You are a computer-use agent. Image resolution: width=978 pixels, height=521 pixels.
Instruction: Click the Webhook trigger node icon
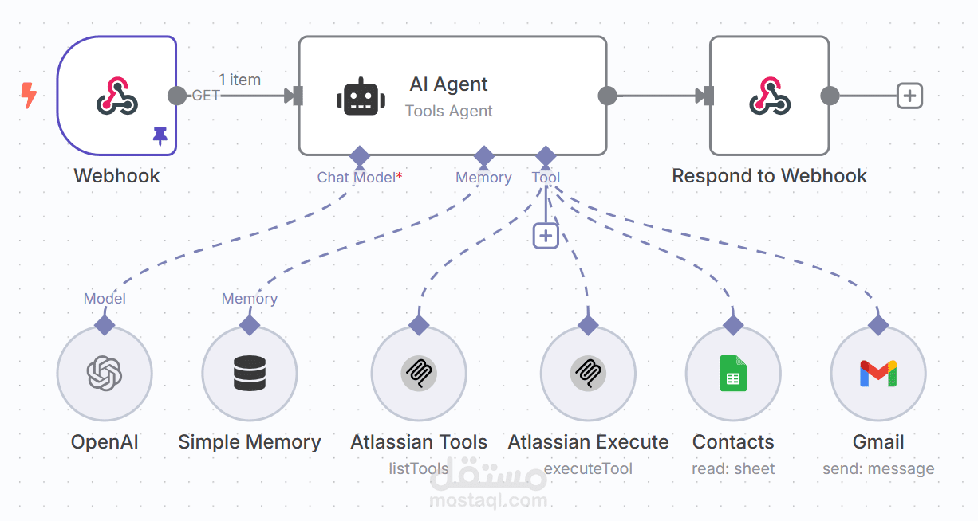pos(117,96)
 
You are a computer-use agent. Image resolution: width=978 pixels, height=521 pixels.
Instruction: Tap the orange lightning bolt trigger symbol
pos(29,96)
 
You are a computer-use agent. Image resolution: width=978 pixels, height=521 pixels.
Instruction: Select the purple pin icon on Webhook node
pos(160,138)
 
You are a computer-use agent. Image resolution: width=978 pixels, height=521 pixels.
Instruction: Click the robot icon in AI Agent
pos(361,96)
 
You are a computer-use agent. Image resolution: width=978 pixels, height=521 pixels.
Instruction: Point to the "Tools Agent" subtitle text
pos(449,112)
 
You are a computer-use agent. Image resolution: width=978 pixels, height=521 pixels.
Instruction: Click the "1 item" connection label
pos(239,80)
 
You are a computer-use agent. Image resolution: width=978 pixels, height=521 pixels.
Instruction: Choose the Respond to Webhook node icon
pos(769,96)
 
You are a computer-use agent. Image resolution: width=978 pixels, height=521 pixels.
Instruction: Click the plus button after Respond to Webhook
pos(909,96)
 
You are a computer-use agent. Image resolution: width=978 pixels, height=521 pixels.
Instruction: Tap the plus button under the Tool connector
pos(546,236)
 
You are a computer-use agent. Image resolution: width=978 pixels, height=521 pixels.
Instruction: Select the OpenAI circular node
pos(105,373)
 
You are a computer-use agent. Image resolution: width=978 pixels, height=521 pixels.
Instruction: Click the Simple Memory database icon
pos(250,373)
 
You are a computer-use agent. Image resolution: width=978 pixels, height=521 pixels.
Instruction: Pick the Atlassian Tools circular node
pos(419,373)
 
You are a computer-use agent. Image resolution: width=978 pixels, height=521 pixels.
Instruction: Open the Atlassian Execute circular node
pos(588,373)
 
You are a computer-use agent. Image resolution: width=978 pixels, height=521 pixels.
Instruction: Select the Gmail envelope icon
pos(878,373)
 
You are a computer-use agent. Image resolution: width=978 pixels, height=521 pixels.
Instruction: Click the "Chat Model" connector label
pos(356,178)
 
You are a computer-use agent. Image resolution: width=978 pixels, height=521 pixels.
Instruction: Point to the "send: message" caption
pos(878,469)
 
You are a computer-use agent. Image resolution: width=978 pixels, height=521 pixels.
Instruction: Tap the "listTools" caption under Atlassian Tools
pos(419,469)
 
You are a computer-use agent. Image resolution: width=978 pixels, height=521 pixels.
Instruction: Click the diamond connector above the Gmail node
pos(878,325)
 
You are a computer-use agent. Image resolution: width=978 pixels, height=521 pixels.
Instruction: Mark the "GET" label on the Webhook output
pos(206,96)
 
